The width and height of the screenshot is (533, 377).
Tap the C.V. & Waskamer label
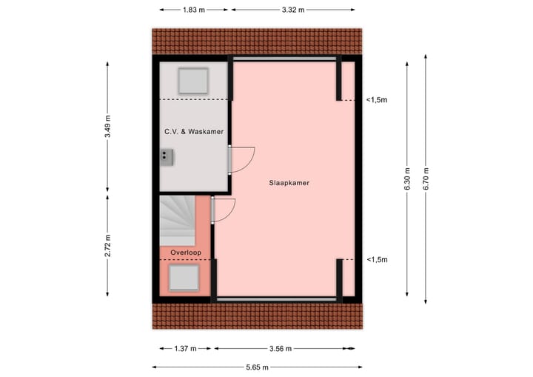tap(194, 132)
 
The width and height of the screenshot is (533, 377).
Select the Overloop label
tap(185, 253)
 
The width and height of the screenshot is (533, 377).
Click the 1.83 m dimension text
tap(194, 10)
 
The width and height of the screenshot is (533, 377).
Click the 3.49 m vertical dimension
tap(108, 127)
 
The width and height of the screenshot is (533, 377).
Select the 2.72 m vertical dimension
tap(108, 244)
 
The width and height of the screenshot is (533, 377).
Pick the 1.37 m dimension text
tap(185, 348)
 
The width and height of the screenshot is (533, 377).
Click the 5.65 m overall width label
tap(257, 367)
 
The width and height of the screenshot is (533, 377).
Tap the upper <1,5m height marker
tap(377, 100)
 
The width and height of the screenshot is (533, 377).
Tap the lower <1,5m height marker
tap(377, 260)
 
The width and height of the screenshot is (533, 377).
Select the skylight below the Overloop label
tap(184, 278)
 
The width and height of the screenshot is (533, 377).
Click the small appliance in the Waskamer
tap(167, 156)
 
